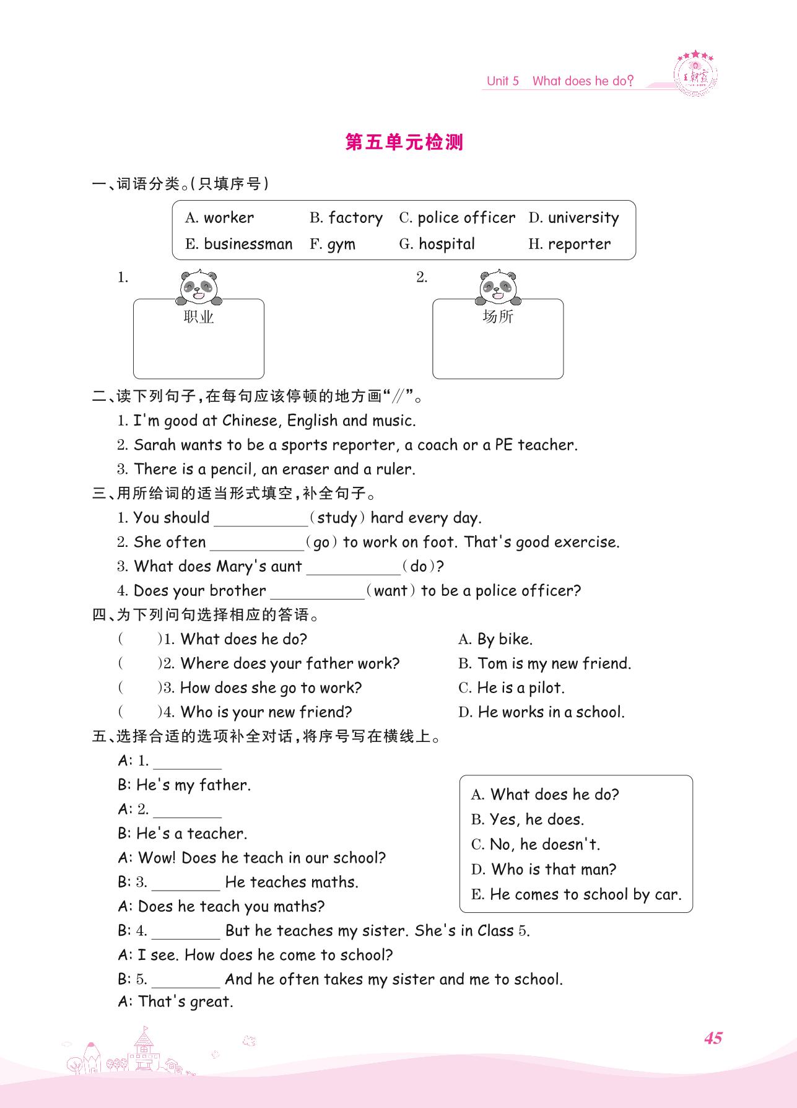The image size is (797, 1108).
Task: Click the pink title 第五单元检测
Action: (x=404, y=142)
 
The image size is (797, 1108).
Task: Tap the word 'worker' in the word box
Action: (x=229, y=217)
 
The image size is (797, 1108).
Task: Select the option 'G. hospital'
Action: (x=437, y=244)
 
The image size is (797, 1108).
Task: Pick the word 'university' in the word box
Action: (x=583, y=217)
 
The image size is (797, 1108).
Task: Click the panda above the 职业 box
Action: (x=198, y=287)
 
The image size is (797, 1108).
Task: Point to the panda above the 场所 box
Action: (x=498, y=287)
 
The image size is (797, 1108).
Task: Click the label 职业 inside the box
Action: (x=199, y=317)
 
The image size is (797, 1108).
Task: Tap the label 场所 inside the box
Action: (x=498, y=316)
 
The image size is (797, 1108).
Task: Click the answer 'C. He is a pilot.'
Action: (x=512, y=688)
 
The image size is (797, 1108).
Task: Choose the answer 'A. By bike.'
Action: (x=495, y=639)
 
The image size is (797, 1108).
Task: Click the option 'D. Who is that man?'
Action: (x=543, y=870)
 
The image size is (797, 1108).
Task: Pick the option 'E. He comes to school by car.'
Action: (x=576, y=894)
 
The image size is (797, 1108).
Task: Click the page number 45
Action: (x=713, y=1038)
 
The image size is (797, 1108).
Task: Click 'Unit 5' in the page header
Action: (x=502, y=81)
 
